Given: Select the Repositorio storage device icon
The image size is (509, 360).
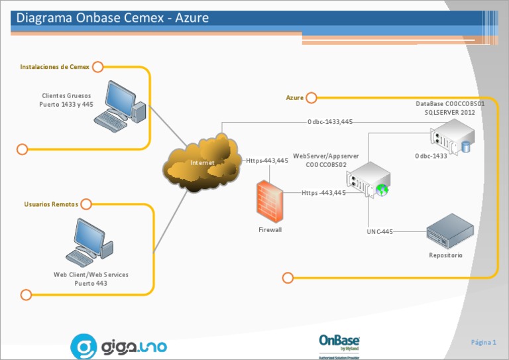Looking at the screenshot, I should pos(449,230).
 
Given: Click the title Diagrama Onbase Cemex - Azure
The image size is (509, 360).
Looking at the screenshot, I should pos(113,18).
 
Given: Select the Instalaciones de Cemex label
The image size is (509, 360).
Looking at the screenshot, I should pos(54,67).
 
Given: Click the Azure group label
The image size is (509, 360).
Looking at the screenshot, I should pos(294,98).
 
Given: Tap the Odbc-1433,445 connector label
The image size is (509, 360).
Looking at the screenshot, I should pos(329,122).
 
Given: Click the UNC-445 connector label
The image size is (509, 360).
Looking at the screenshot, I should pos(380,232).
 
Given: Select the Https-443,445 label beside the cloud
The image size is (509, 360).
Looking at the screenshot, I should pos(267,160).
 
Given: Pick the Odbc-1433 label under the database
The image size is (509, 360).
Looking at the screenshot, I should pos(431,156).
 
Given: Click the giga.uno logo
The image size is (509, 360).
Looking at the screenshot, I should pos(119,346).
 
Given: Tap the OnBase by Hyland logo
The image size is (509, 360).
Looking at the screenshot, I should pos(339,343).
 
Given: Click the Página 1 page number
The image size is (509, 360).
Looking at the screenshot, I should pos(483,342).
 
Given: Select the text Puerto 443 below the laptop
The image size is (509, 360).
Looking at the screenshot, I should pos(91,283).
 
